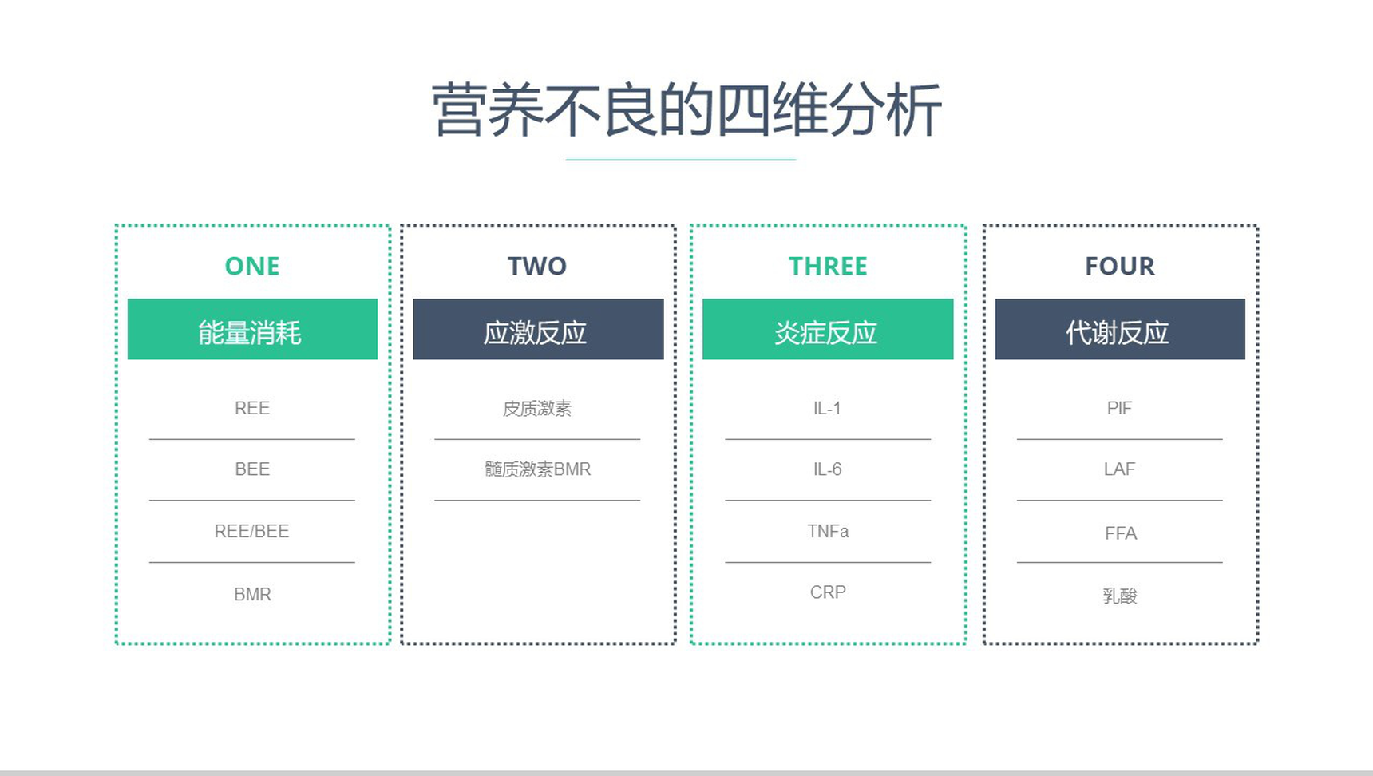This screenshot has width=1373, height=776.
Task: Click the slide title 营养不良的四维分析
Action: tap(686, 110)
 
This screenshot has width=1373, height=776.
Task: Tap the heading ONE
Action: tap(252, 266)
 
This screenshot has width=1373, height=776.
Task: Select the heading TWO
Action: tap(537, 266)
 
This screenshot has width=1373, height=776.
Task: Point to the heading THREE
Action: tap(828, 266)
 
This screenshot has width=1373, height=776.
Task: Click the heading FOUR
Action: tap(1120, 266)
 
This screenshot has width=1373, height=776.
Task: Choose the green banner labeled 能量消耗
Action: tap(252, 329)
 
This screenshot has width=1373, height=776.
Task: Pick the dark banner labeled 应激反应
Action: tap(538, 329)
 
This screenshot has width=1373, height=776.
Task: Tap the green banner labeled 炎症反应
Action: tap(828, 329)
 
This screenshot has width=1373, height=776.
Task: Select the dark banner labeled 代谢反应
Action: tap(1120, 329)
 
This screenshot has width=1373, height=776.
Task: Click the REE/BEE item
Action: tap(251, 531)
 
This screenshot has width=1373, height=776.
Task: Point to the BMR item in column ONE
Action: tap(252, 594)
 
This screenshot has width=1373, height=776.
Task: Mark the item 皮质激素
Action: tap(537, 409)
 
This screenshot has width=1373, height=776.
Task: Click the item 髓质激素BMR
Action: tap(537, 469)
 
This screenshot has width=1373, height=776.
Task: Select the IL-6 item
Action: tap(827, 469)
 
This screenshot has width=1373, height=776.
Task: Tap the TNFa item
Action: tap(828, 531)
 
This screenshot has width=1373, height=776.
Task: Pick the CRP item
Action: tap(828, 592)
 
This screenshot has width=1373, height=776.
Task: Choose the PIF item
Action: tap(1119, 408)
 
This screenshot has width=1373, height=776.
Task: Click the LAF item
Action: tap(1119, 469)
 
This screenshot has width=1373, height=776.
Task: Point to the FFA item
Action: tap(1121, 533)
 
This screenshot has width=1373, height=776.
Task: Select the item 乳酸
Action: tap(1120, 596)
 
